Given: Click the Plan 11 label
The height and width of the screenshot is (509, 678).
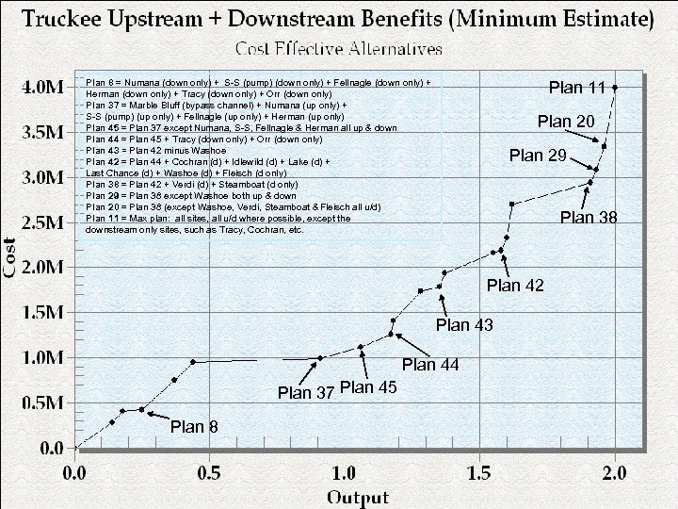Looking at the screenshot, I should click(x=577, y=89).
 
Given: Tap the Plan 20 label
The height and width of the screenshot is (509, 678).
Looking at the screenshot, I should click(x=566, y=122).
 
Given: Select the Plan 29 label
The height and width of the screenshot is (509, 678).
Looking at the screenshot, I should click(x=538, y=156).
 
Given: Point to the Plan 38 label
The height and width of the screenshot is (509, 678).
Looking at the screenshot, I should click(x=589, y=218).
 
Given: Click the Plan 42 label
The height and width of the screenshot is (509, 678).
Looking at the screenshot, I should click(x=515, y=286).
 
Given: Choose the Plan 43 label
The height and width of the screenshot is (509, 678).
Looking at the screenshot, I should click(x=465, y=326).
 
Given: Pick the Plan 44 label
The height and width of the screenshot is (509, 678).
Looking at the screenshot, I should click(x=429, y=366).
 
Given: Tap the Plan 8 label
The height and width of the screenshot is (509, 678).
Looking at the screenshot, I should click(x=195, y=427).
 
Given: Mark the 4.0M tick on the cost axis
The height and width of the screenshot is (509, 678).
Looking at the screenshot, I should click(x=41, y=87).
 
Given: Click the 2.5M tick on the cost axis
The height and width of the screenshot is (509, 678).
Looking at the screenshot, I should click(x=41, y=222).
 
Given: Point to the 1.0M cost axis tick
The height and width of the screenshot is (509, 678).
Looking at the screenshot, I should click(x=41, y=358).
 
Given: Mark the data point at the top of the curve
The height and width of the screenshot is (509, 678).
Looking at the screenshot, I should click(x=615, y=87).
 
